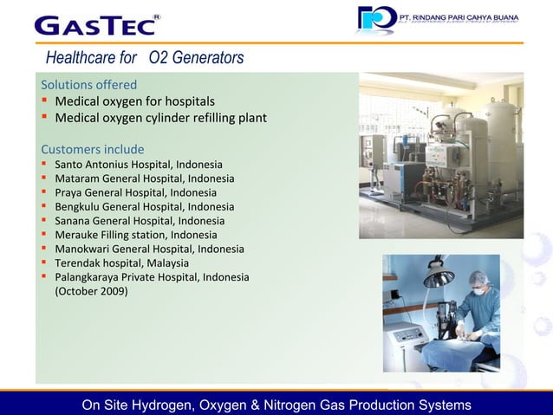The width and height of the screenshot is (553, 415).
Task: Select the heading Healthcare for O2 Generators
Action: pos(145,58)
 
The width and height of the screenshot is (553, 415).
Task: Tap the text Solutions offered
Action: pos(88,85)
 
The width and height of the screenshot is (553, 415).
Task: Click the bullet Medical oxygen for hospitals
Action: pos(135,101)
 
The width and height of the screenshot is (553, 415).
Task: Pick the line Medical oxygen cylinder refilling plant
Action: pos(160,118)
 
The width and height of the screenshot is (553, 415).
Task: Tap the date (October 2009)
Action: pos(91,291)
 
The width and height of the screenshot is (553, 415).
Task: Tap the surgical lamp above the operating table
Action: pos(438,277)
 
